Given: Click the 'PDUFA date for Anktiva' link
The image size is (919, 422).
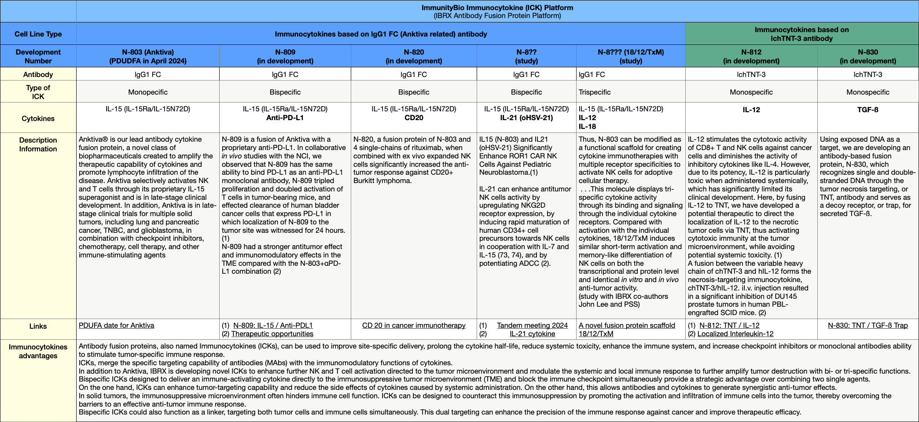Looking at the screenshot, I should click(116, 326).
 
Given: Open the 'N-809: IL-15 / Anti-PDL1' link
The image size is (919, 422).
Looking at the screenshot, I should click(273, 326).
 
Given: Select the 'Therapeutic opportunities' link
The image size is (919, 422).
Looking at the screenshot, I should click(272, 334).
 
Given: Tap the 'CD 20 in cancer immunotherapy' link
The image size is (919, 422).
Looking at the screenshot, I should click(414, 326).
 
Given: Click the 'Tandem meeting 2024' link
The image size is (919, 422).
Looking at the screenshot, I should click(532, 326).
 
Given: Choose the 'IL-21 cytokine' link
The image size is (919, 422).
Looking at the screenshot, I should click(532, 334).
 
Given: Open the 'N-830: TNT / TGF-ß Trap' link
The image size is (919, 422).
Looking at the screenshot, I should click(868, 326).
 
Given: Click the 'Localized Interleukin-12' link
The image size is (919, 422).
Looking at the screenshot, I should click(735, 334).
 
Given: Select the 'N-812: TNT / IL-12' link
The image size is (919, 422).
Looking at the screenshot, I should click(729, 326).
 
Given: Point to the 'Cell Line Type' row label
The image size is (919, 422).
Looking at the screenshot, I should click(38, 34).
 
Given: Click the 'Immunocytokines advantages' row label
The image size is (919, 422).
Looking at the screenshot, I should click(38, 351).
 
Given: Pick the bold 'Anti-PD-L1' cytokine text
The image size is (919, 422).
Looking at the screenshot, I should click(285, 118).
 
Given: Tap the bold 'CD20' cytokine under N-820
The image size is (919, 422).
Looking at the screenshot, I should click(414, 118).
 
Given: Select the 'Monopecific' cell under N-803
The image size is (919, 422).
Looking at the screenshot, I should click(147, 92).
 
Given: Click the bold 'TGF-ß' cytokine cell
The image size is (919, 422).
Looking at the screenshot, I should click(868, 110).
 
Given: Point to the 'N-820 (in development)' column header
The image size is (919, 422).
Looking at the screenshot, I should click(414, 56).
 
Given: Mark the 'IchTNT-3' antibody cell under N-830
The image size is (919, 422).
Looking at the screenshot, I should click(868, 75).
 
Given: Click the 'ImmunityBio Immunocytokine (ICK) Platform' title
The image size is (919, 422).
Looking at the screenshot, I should click(497, 8).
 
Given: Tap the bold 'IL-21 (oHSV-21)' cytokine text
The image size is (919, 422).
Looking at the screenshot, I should click(526, 118).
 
